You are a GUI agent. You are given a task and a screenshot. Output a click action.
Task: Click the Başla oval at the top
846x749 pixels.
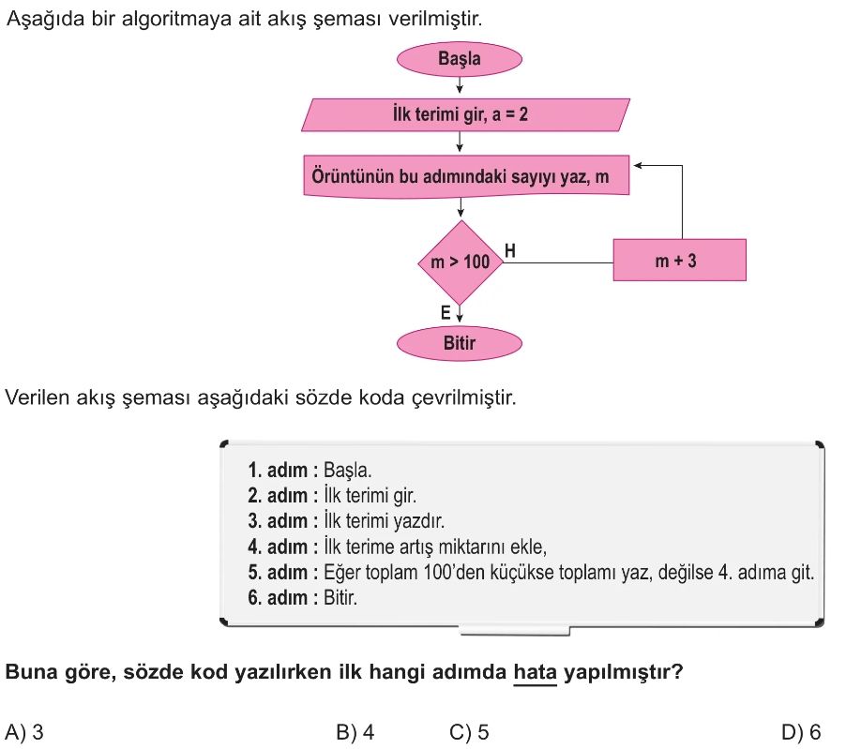click(459, 59)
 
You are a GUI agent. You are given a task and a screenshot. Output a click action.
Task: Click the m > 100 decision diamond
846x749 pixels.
click(460, 262)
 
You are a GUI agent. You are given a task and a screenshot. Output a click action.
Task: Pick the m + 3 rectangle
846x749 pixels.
click(679, 261)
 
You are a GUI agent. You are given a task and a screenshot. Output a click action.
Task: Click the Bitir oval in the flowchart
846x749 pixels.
click(459, 343)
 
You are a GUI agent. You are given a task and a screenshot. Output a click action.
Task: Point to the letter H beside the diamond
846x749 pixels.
click(510, 250)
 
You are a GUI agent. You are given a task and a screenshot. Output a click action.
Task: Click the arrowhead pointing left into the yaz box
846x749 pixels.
click(639, 166)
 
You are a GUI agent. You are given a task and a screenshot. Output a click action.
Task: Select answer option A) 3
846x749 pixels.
click(25, 732)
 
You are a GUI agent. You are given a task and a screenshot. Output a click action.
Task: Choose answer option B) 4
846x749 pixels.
click(355, 732)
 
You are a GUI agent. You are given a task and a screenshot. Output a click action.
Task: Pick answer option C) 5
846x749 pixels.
click(469, 732)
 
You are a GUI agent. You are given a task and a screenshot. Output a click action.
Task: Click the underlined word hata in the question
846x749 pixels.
click(536, 672)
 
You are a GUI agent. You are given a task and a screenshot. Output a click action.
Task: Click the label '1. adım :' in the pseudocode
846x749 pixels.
click(282, 471)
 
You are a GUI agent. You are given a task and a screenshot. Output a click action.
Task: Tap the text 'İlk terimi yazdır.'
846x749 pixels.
click(383, 521)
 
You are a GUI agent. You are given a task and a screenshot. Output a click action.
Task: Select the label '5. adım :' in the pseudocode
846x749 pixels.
click(282, 572)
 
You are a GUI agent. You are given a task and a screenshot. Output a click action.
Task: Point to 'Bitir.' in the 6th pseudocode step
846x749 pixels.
click(340, 597)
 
